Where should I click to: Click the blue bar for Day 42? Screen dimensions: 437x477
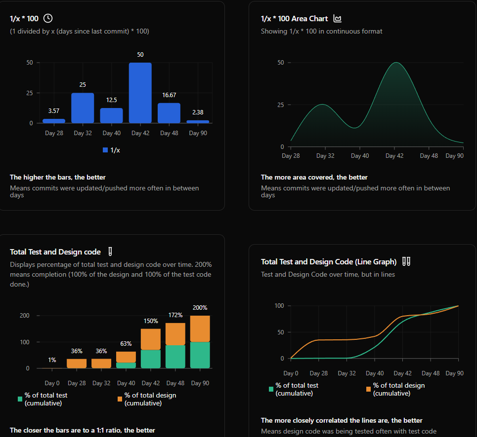[x=140, y=93]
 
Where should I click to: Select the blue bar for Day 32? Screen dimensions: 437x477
[x=83, y=108]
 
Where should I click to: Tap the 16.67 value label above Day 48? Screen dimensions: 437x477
[x=169, y=95]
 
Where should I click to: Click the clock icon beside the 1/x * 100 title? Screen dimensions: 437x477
[x=48, y=18]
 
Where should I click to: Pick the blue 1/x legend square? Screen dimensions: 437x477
[x=105, y=150]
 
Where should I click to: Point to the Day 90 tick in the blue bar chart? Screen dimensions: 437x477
[x=198, y=133]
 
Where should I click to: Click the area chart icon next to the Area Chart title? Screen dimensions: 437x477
[x=338, y=19]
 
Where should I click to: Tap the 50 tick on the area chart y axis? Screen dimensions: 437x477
[x=281, y=63]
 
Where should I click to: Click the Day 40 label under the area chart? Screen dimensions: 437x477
[x=359, y=156]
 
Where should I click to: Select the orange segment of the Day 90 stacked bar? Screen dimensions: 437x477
[x=200, y=328]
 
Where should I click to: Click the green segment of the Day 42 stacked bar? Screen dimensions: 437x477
[x=151, y=359]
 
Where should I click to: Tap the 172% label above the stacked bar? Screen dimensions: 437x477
[x=175, y=315]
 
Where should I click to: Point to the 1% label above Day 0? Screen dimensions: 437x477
[x=52, y=360]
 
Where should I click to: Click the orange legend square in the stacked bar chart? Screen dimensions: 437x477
[x=120, y=399]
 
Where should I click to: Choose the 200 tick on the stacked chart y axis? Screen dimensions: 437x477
[x=24, y=316]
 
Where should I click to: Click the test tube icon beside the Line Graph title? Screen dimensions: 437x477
[x=406, y=261]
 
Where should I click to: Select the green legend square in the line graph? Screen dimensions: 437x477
[x=271, y=389]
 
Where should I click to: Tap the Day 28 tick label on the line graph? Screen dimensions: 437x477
[x=318, y=373]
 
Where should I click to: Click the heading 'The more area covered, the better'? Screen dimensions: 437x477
[x=314, y=177]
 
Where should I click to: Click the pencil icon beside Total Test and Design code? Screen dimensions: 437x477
[x=110, y=252]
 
